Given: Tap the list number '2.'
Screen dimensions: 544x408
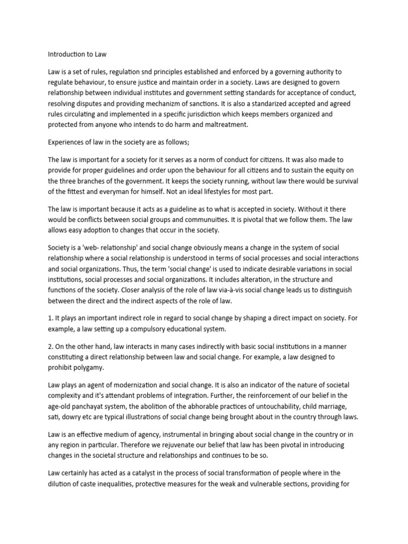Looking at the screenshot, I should (51, 346).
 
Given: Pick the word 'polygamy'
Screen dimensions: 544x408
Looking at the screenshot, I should (89, 368).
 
